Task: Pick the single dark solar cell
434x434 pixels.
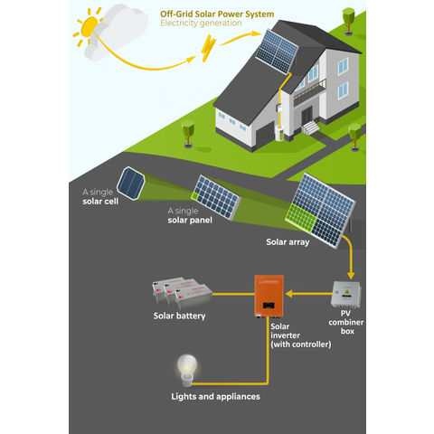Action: pos(133,184)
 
